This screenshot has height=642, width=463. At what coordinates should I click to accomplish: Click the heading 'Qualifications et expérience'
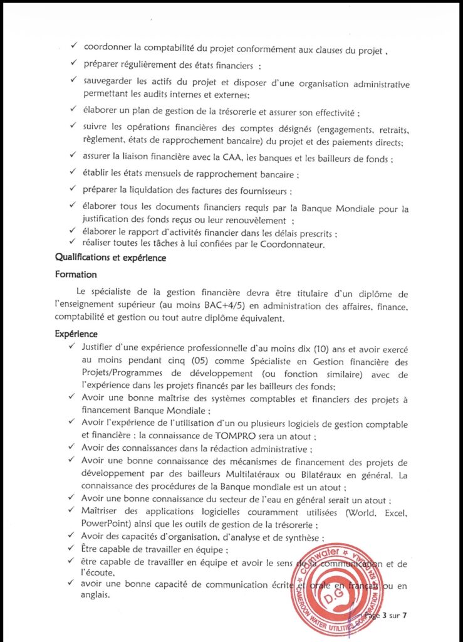point(112,257)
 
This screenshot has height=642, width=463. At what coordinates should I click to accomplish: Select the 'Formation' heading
point(76,275)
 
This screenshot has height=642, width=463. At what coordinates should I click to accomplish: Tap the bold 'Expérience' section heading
point(76,334)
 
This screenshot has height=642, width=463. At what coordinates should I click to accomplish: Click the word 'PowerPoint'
point(106,525)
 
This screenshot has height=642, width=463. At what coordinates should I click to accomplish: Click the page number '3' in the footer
point(383,615)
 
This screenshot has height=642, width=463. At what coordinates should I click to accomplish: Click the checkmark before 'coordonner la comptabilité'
point(74,48)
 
